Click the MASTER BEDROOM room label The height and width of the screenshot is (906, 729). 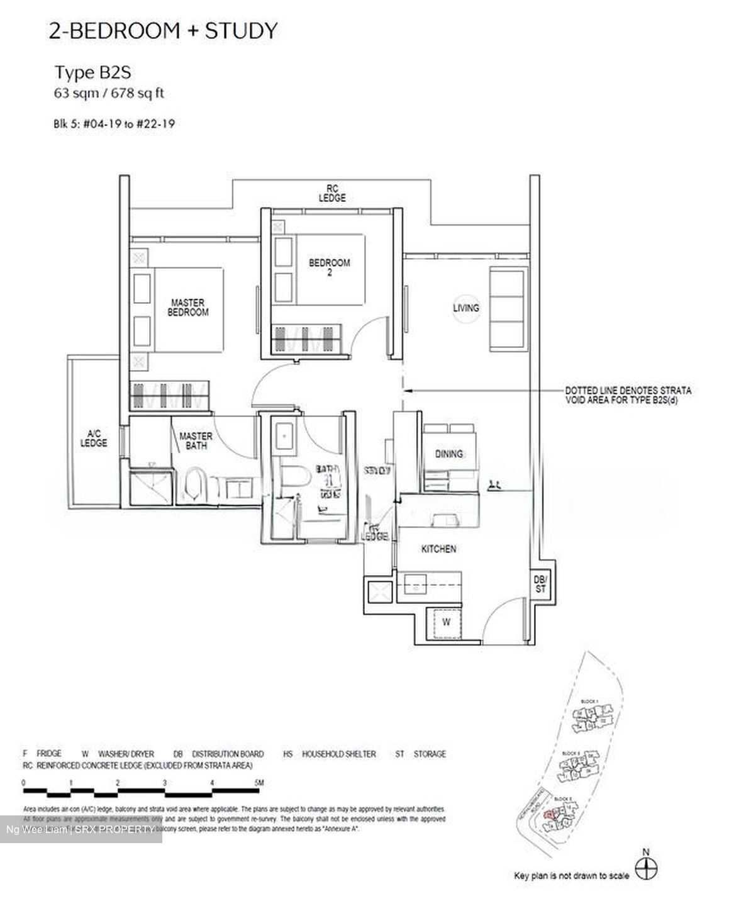pyautogui.click(x=187, y=308)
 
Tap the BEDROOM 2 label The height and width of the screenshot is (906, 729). pyautogui.click(x=329, y=267)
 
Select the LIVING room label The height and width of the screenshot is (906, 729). pyautogui.click(x=465, y=308)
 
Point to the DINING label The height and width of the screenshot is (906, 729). pyautogui.click(x=448, y=454)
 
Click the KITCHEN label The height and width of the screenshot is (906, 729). pyautogui.click(x=438, y=549)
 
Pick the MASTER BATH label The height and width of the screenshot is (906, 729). pyautogui.click(x=196, y=440)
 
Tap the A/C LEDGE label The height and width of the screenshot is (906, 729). pyautogui.click(x=94, y=438)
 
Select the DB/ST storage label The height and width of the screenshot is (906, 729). pyautogui.click(x=540, y=584)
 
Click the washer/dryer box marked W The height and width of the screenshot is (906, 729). pyautogui.click(x=445, y=623)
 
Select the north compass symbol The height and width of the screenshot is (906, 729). pyautogui.click(x=645, y=870)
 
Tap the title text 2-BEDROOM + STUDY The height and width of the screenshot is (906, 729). pyautogui.click(x=163, y=31)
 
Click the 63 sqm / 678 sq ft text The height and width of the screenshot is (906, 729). pyautogui.click(x=109, y=94)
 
